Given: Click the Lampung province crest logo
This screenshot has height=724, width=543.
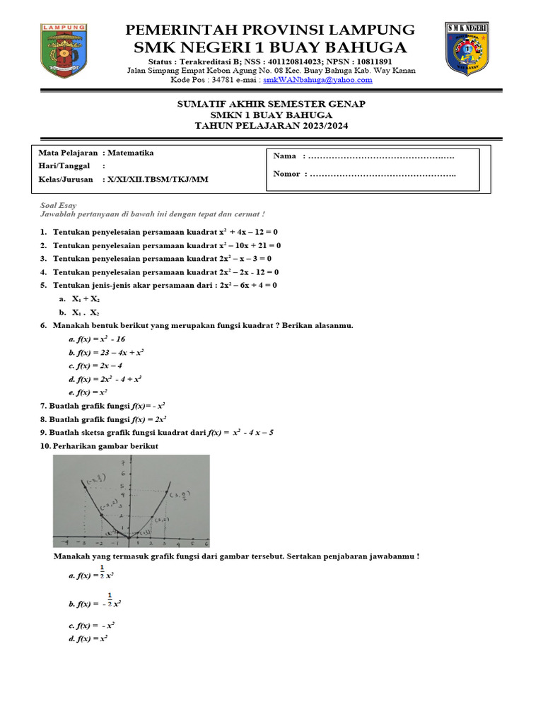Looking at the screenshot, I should pos(64,49).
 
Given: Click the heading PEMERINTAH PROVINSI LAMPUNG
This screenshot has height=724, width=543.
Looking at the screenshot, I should pos(271,30).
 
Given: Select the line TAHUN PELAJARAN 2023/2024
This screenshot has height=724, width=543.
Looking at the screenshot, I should pos(271,125).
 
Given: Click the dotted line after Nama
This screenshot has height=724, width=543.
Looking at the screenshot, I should pos(382,156).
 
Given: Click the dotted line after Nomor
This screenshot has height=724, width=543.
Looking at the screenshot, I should pos(383,174).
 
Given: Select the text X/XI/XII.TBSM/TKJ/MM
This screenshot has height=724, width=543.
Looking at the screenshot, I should pos(158,180).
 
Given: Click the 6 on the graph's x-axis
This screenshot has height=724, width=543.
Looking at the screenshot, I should pos(206,544).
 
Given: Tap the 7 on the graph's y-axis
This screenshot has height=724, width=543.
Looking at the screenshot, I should pos(123,462).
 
